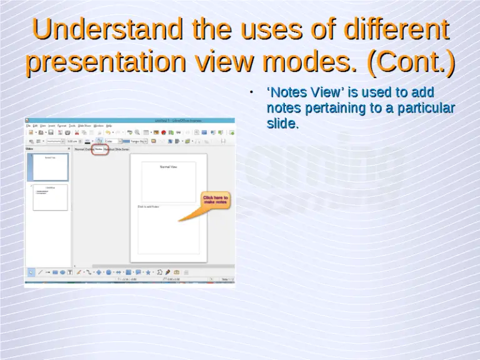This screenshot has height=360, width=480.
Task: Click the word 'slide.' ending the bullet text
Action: pyautogui.click(x=282, y=124)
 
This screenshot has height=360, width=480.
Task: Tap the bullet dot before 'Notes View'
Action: pyautogui.click(x=250, y=92)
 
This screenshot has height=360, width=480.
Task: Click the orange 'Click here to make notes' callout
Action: pyautogui.click(x=215, y=201)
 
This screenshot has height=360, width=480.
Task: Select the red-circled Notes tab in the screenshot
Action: pyautogui.click(x=99, y=149)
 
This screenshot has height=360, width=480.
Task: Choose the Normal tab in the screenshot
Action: pyautogui.click(x=79, y=149)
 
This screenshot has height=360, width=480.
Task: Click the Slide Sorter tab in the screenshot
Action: pyautogui.click(x=122, y=149)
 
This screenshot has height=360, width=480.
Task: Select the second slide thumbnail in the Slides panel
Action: pyautogui.click(x=51, y=197)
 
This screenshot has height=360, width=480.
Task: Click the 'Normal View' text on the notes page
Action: pyautogui.click(x=169, y=167)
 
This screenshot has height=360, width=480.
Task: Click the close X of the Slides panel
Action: pyautogui.click(x=69, y=149)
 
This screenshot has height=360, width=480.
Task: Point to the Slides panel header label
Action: pyautogui.click(x=30, y=149)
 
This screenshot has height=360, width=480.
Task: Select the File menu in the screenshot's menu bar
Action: pyautogui.click(x=28, y=126)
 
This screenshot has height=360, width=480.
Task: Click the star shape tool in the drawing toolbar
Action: pyautogui.click(x=148, y=272)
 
